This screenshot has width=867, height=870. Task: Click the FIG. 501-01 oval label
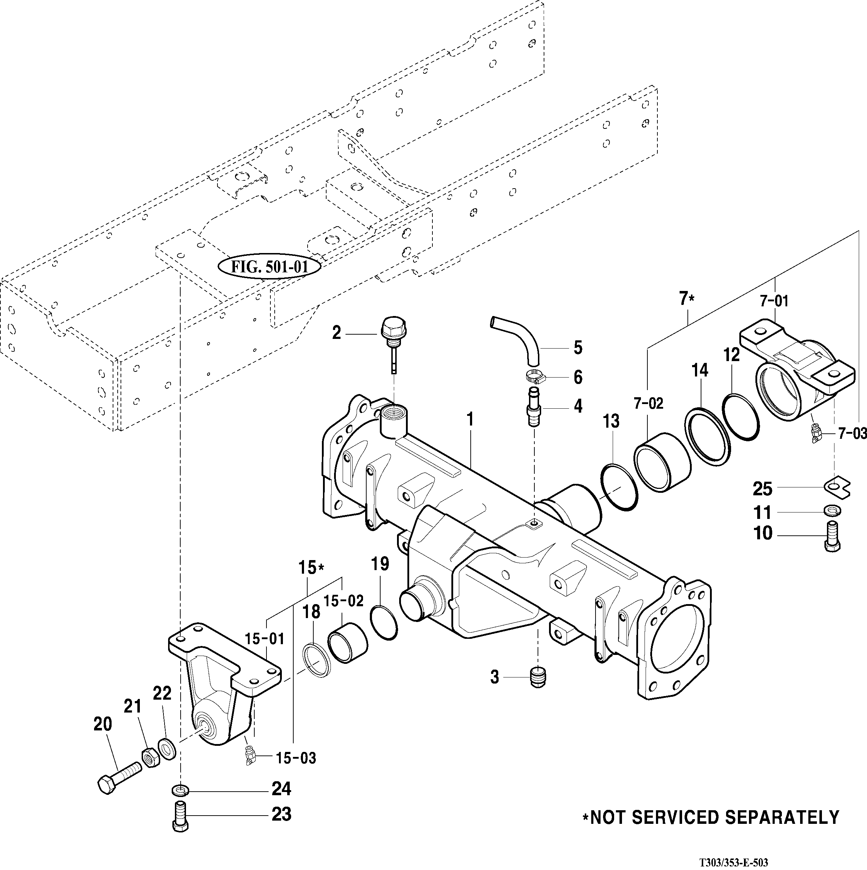(x=270, y=267)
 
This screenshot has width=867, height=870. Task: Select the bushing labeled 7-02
(x=661, y=462)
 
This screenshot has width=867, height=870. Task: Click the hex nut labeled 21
(x=152, y=759)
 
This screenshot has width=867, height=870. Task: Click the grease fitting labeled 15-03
(x=249, y=765)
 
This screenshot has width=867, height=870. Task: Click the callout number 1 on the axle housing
(x=470, y=420)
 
